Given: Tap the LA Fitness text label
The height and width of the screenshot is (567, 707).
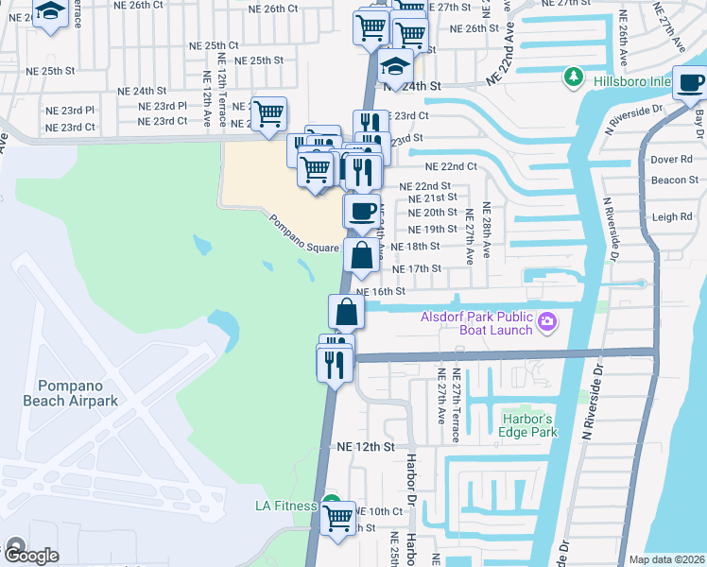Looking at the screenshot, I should [x=285, y=506].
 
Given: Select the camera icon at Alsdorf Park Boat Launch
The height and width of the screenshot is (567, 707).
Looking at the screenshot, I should [x=546, y=325].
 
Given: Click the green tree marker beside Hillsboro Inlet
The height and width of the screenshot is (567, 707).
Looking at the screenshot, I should [x=573, y=76].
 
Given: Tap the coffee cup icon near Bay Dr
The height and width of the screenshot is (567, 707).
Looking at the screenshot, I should [x=691, y=83].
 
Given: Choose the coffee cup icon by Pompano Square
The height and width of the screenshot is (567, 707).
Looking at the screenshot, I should [x=360, y=211].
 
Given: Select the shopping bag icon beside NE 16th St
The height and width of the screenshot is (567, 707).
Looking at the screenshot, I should [x=347, y=311].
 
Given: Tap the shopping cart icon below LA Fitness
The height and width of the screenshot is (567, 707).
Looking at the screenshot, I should [x=337, y=518].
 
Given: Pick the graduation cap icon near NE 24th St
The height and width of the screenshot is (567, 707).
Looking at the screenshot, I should [x=396, y=67].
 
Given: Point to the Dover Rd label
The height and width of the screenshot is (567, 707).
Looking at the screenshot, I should [x=671, y=159].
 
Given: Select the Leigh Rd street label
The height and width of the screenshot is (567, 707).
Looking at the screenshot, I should [x=672, y=216].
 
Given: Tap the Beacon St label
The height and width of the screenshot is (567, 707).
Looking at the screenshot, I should [x=674, y=180].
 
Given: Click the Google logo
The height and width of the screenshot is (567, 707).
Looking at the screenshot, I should [x=32, y=556].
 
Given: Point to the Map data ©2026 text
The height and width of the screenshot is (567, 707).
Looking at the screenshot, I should [x=666, y=559].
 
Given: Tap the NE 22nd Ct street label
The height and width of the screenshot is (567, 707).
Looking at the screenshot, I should [x=450, y=166].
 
